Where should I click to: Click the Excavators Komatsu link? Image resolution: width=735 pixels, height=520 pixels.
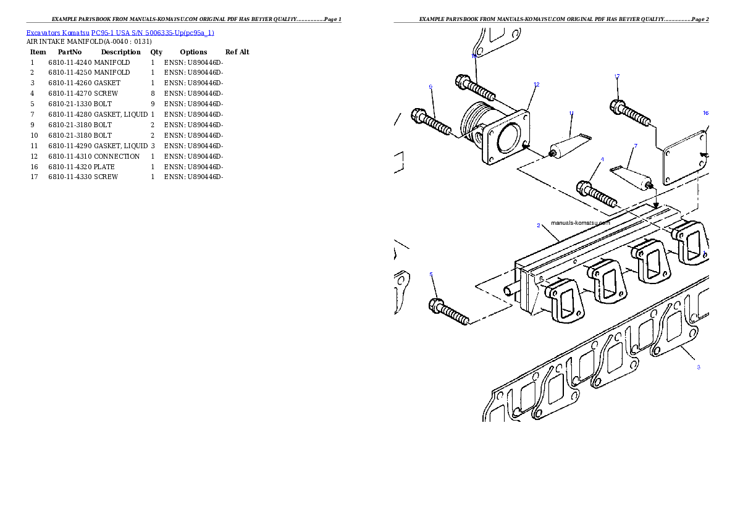click(x=57, y=33)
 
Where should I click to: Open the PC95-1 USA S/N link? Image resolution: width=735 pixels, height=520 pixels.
click(x=153, y=33)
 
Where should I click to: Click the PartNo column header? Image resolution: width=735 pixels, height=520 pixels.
click(x=70, y=52)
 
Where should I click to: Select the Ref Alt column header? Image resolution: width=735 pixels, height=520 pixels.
click(x=237, y=52)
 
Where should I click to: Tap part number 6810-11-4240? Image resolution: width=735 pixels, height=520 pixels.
click(x=70, y=62)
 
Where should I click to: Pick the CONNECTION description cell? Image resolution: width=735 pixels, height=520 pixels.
click(x=117, y=157)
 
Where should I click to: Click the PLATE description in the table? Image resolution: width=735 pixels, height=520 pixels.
click(x=104, y=167)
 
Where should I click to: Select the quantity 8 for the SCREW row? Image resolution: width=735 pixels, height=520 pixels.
click(x=153, y=93)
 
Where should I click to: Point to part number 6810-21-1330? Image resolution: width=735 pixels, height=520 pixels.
click(x=70, y=104)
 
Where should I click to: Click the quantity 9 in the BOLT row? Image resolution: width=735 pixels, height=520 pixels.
click(x=153, y=104)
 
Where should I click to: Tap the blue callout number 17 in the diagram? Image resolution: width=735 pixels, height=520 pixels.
click(x=617, y=77)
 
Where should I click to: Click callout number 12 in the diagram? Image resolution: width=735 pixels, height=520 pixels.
click(x=537, y=85)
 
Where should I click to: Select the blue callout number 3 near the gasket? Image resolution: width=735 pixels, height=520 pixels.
click(x=699, y=367)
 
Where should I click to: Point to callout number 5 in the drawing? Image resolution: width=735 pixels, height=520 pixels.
click(x=431, y=275)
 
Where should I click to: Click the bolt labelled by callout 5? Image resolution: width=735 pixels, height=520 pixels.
click(x=448, y=312)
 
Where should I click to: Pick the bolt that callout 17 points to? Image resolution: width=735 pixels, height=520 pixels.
click(x=630, y=112)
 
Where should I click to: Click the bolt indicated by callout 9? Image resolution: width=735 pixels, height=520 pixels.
click(x=430, y=122)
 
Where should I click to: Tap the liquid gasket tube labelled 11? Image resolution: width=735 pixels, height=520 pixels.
click(x=570, y=146)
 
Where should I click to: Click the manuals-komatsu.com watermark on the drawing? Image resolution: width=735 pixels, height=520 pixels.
click(x=581, y=223)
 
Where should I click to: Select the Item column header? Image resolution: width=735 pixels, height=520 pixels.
click(x=38, y=52)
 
